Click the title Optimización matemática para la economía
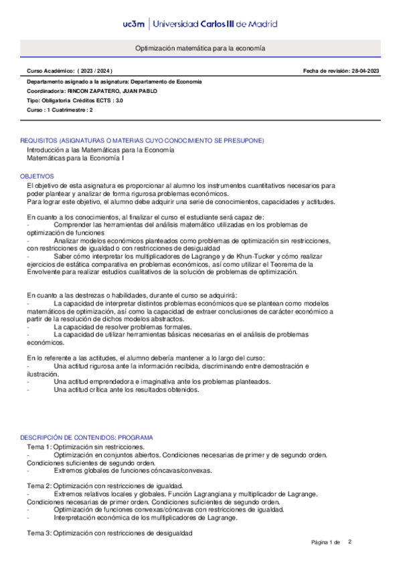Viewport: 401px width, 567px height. [x=200, y=49]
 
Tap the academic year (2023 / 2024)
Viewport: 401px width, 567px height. [x=95, y=71]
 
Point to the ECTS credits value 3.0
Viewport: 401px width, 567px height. [x=118, y=100]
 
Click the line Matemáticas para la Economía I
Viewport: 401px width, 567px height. [x=75, y=159]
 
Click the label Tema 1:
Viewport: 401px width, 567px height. [x=39, y=446]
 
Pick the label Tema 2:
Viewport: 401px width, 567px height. [x=39, y=485]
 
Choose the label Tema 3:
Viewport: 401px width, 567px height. [x=39, y=533]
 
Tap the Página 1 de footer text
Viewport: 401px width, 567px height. [x=326, y=542]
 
